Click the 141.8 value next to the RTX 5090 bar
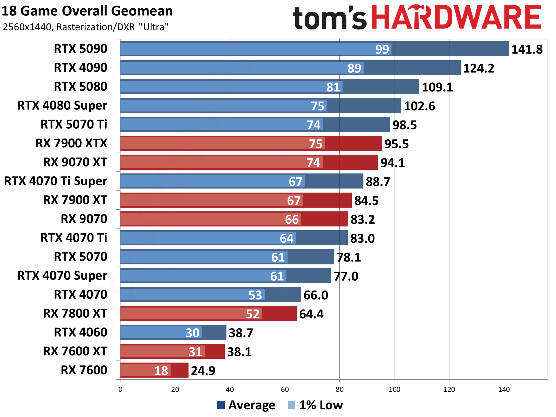tap(527, 49)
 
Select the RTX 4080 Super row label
tap(62, 105)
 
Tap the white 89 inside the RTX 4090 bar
tap(354, 68)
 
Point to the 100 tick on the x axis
tap(394, 389)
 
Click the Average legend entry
tap(246, 405)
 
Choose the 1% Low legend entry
tap(316, 405)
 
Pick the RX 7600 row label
tap(84, 370)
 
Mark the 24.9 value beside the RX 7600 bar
tap(203, 371)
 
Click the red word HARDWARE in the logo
tap(456, 17)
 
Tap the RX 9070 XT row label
tap(75, 162)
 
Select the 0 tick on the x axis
tap(120, 389)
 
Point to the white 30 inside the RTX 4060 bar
tap(192, 333)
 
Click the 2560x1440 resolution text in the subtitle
tap(28, 27)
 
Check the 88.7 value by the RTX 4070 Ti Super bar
tap(378, 182)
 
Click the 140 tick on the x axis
tap(504, 389)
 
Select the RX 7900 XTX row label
tap(71, 143)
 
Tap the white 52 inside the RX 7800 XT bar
tap(253, 314)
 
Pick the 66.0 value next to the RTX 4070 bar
tap(316, 295)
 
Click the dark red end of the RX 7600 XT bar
tap(215, 351)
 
